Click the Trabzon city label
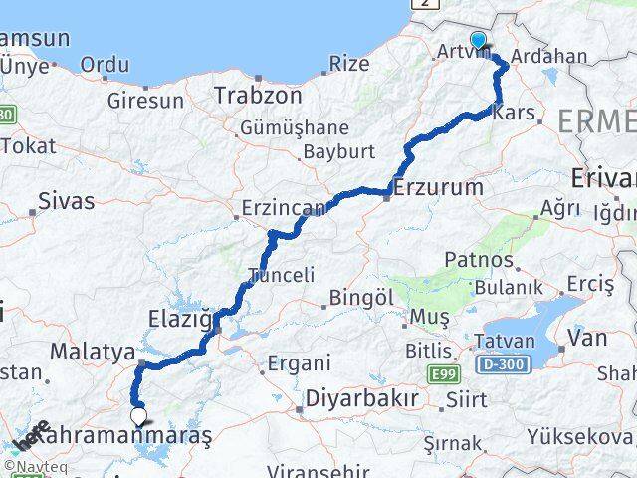257,97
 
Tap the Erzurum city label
438,186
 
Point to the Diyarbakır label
361,397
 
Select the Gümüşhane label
294,128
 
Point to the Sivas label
66,200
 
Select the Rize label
348,64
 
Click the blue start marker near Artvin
479,40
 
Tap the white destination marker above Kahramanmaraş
138,417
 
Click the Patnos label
482,261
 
